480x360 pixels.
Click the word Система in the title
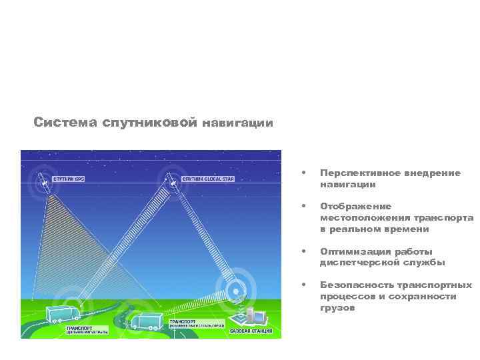66,123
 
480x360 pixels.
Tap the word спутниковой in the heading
151,123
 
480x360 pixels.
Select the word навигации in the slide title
237,123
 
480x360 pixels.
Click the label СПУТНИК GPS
70,179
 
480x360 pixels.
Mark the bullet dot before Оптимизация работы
304,251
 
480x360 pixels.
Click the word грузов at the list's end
337,307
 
